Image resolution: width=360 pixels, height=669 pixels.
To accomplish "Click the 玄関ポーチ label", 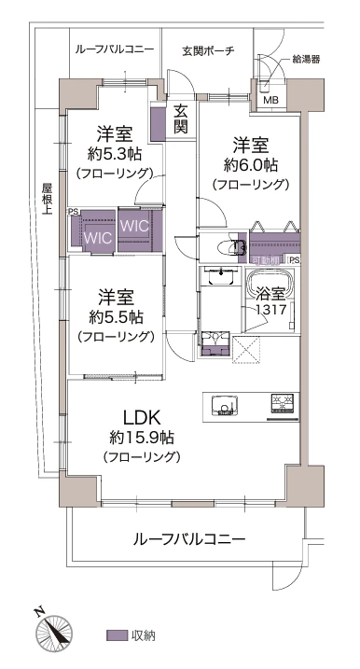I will [208, 50].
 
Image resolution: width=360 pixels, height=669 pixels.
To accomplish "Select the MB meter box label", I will [270, 101].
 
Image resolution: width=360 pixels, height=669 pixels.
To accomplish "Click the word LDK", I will [142, 415].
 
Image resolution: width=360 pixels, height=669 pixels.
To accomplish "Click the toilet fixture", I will [227, 247].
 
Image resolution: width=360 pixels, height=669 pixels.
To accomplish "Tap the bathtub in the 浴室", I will [271, 284].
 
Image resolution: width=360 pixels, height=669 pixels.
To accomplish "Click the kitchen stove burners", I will [283, 403].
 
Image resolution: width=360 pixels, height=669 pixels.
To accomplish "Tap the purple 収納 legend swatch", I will [117, 635].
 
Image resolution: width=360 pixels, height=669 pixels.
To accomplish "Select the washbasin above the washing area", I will [221, 279].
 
